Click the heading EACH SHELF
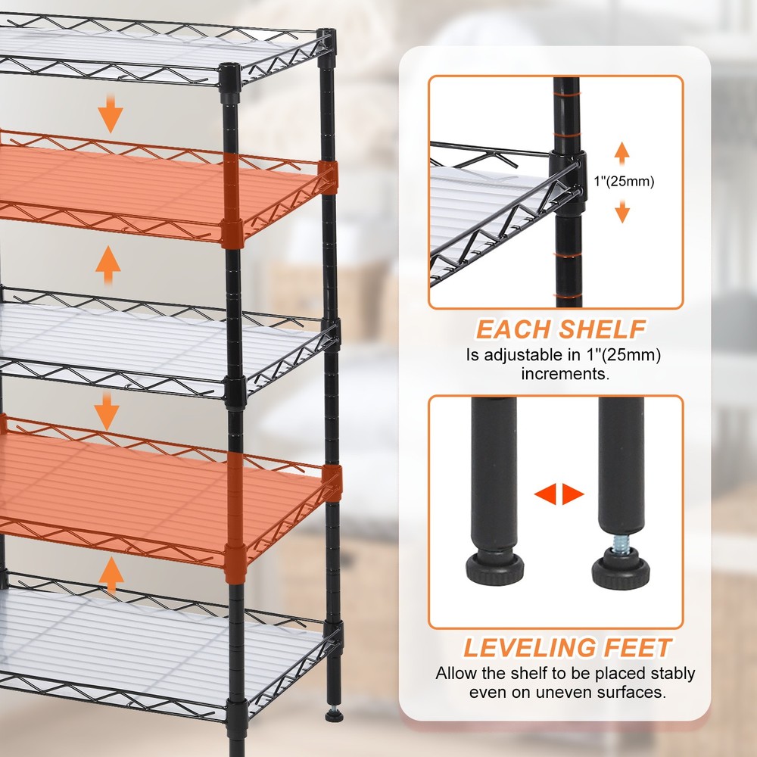click(x=560, y=329)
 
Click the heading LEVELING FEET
click(x=568, y=647)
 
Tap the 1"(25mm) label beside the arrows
click(x=624, y=182)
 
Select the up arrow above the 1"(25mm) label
click(x=621, y=154)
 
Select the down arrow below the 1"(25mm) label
click(x=622, y=211)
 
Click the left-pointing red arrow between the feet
click(x=545, y=494)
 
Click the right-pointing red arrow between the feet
click(x=573, y=494)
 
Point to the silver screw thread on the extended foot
click(x=620, y=544)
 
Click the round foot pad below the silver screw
click(x=621, y=571)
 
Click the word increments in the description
click(x=565, y=374)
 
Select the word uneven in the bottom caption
click(x=547, y=693)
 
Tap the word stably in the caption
click(x=670, y=674)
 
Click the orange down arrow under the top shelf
click(x=111, y=114)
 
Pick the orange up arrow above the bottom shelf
click(x=111, y=574)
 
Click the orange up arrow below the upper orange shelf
click(x=107, y=264)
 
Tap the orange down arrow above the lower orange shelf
click(x=107, y=411)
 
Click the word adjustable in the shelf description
click(x=530, y=355)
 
